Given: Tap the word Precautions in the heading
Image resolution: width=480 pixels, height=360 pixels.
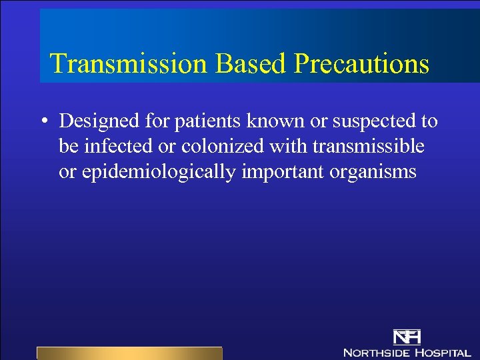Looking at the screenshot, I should click(361, 63).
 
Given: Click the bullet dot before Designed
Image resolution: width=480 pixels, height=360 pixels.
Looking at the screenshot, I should click(42, 122).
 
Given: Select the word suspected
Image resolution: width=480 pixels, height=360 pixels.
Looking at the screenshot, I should click(364, 122).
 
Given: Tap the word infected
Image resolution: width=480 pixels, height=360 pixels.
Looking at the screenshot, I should click(117, 146).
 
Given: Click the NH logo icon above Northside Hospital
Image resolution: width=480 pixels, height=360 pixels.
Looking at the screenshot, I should click(407, 337).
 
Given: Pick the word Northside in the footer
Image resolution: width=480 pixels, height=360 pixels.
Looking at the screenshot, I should click(375, 352).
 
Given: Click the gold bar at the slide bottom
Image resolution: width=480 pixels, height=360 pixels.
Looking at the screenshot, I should click(129, 353).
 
